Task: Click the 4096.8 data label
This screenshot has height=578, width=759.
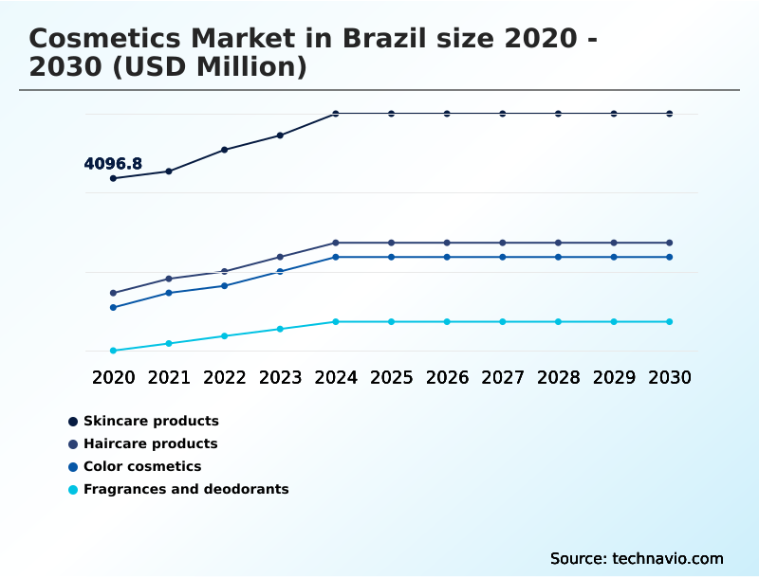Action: pos(113,164)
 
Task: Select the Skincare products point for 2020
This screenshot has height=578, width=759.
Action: pos(113,178)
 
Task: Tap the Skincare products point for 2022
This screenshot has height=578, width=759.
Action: pos(225,150)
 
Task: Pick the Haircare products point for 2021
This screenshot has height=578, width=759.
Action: pos(169,279)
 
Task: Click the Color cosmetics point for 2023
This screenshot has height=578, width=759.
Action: pos(280,271)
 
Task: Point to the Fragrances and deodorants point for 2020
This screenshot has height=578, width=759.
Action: pos(113,351)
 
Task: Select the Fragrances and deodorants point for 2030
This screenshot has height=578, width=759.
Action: pos(670,322)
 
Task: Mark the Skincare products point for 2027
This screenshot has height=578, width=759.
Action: pos(503,114)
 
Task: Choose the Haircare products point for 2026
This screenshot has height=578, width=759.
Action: pos(447,243)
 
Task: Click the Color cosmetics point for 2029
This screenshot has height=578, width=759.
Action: pos(614,257)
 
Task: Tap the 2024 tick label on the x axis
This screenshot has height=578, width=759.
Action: pos(336,377)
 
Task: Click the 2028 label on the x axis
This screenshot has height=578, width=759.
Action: pos(558,377)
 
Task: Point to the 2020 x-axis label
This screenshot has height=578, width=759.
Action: pos(113,377)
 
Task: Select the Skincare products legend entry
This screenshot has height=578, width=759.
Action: pos(151,421)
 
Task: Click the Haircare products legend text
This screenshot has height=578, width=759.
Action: pos(151,443)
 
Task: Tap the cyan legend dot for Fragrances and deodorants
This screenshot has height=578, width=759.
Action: pos(73,490)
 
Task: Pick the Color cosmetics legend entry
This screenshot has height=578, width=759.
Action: pos(142,466)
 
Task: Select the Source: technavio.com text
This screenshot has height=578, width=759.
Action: pos(637,558)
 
